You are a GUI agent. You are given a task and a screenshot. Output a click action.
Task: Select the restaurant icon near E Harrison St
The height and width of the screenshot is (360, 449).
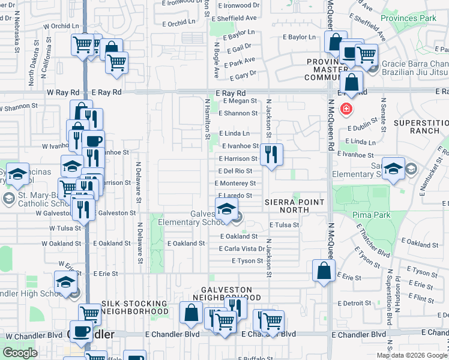[x=271, y=155]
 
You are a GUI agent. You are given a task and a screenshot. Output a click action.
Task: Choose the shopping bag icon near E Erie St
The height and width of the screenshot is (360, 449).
[x=324, y=270]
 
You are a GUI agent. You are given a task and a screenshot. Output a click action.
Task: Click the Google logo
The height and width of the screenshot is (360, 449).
[x=20, y=352]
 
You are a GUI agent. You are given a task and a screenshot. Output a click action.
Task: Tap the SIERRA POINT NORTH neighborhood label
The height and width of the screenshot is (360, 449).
[x=294, y=206]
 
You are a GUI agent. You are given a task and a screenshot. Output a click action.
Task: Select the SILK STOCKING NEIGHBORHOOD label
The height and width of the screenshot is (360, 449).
[x=135, y=308]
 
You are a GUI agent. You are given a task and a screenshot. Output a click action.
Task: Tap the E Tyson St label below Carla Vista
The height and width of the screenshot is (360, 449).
[x=247, y=261]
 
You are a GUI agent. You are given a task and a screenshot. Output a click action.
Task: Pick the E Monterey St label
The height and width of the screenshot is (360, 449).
[x=238, y=184]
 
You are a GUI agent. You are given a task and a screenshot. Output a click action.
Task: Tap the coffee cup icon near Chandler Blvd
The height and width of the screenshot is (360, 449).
[x=82, y=331]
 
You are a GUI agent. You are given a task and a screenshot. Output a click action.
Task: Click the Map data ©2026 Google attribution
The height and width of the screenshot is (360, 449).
[x=412, y=355]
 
